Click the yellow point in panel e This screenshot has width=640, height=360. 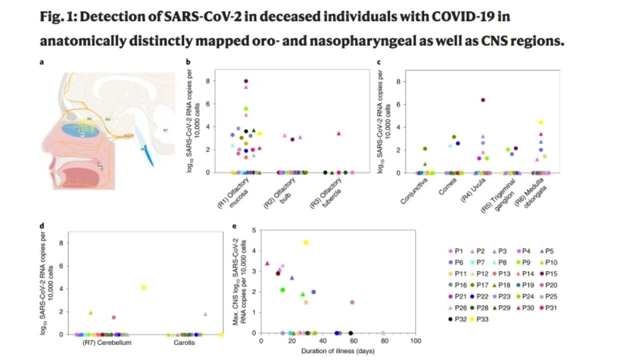point(306,242)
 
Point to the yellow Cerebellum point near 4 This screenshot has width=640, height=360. point(144,287)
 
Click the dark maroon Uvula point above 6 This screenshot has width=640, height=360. point(483,100)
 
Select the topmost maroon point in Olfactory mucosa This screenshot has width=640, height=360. point(246,81)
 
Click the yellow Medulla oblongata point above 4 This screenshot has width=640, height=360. point(540,122)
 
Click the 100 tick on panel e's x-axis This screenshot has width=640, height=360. point(414,341)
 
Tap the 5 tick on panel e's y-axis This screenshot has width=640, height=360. point(254,230)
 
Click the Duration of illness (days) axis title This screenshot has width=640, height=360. point(337,351)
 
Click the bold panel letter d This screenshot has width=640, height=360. point(42,225)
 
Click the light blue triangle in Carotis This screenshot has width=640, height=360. point(205,314)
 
